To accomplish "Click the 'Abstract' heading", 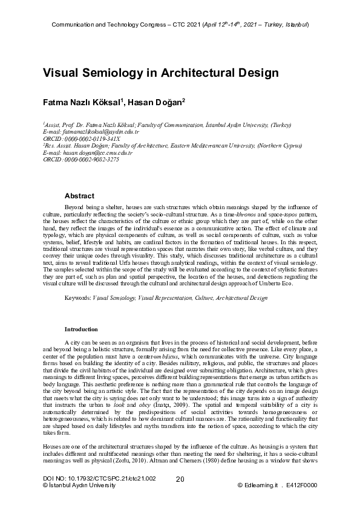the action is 79,196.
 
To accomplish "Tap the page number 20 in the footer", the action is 180,496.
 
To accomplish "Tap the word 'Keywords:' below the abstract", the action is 77,299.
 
